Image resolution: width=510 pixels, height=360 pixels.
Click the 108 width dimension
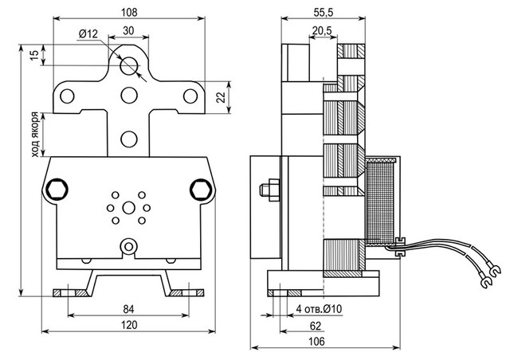click(x=130, y=12)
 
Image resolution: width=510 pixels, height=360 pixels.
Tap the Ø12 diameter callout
click(x=88, y=33)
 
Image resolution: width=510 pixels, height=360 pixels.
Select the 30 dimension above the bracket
click(x=127, y=30)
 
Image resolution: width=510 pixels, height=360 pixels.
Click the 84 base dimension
click(x=127, y=310)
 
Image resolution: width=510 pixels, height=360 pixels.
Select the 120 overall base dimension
click(x=127, y=325)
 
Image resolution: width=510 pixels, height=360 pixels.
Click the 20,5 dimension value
click(x=323, y=31)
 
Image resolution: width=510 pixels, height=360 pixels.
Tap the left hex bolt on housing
click(x=57, y=190)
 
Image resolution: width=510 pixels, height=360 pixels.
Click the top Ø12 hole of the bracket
click(x=128, y=65)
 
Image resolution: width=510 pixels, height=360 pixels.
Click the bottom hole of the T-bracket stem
click(x=128, y=139)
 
